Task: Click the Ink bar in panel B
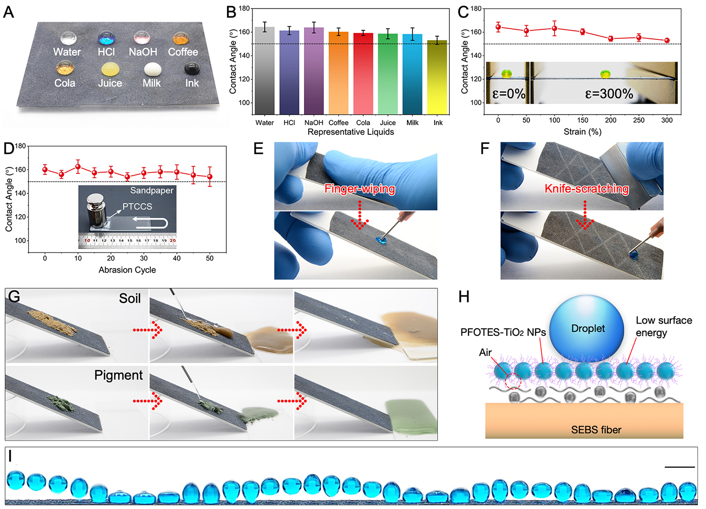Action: [437, 77]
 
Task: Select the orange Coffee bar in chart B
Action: [338, 73]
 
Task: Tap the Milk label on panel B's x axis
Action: [413, 123]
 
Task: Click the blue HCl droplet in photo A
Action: [106, 37]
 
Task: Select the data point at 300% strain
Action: [667, 40]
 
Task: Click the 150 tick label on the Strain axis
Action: [582, 120]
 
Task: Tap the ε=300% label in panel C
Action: [609, 94]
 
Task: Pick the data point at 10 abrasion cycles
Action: [78, 167]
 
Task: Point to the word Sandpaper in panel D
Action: [152, 190]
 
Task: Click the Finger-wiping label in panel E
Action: [360, 189]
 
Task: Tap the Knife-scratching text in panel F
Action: [586, 189]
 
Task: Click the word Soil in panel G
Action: [130, 298]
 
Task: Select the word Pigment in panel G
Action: [119, 375]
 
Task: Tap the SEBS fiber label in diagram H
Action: [596, 430]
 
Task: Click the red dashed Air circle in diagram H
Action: [513, 381]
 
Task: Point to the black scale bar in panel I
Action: [680, 467]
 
